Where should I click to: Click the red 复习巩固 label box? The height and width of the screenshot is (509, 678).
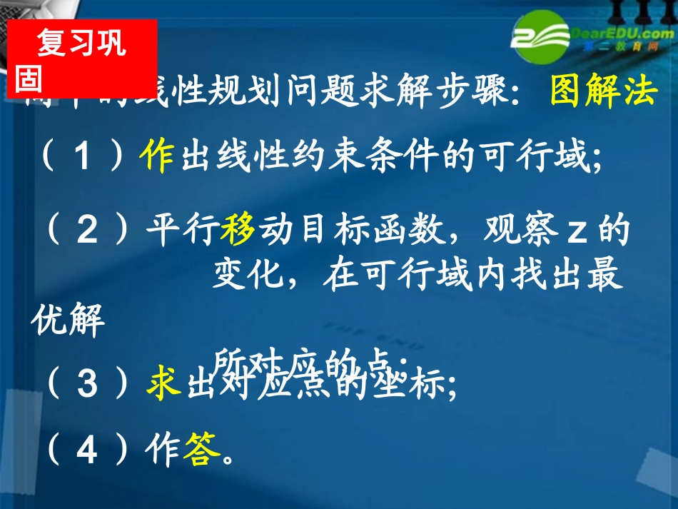[81, 59]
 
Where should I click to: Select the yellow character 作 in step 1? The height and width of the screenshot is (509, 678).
[157, 157]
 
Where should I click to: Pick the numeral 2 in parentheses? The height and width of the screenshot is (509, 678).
[87, 231]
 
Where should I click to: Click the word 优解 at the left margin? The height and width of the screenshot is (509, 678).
[68, 323]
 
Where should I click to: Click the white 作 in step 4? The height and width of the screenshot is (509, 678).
[161, 451]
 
